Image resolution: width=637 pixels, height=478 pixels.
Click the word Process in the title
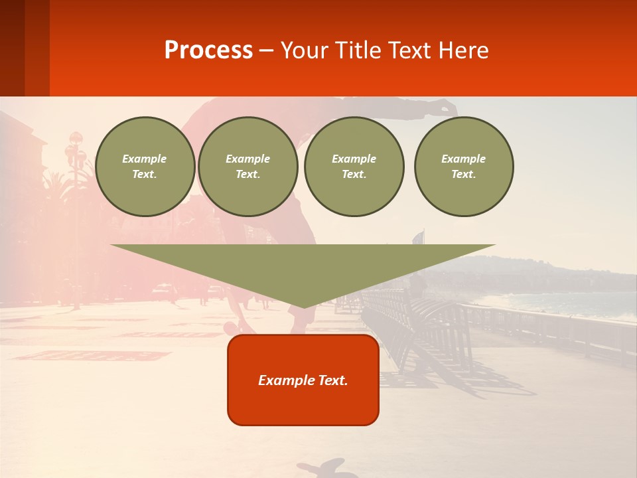(208, 50)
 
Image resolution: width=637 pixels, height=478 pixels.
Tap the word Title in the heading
(356, 50)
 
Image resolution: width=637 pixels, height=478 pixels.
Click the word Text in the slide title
(410, 50)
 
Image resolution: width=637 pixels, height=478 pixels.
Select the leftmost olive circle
(145, 167)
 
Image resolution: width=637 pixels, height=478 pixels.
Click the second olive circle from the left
(248, 167)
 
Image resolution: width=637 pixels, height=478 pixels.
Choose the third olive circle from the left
(354, 167)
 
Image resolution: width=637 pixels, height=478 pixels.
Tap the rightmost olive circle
(464, 167)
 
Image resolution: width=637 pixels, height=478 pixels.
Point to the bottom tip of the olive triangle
(304, 307)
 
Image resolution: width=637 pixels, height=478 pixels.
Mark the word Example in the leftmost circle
(145, 159)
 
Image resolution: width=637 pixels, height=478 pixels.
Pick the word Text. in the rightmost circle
(464, 174)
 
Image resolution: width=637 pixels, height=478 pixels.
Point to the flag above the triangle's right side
(418, 237)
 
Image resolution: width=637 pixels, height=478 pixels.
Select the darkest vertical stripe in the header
(12, 48)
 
